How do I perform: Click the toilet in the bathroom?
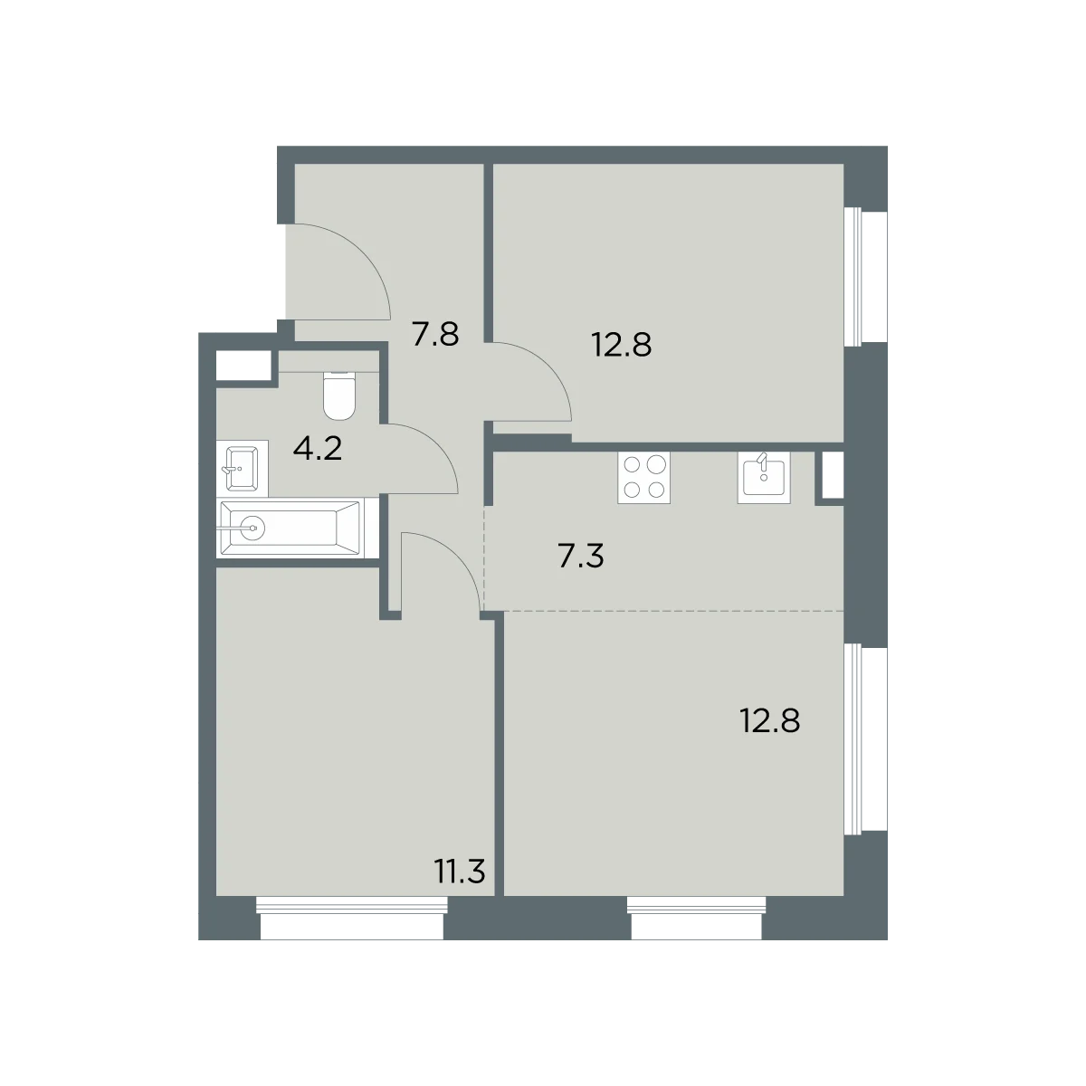point(339,395)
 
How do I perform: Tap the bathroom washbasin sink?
point(242,468)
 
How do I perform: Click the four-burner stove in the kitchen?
point(643,478)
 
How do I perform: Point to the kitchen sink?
point(764,478)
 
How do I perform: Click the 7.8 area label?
point(435,334)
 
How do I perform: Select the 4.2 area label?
point(318,449)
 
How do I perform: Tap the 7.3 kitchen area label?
point(580,556)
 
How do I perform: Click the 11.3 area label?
point(460,871)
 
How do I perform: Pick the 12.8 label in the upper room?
point(622,345)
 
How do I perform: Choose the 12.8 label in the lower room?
point(770,720)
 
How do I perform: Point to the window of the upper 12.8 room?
point(865,276)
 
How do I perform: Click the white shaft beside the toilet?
point(243,366)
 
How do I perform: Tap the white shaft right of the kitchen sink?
point(833,474)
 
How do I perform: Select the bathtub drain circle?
point(253,528)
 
